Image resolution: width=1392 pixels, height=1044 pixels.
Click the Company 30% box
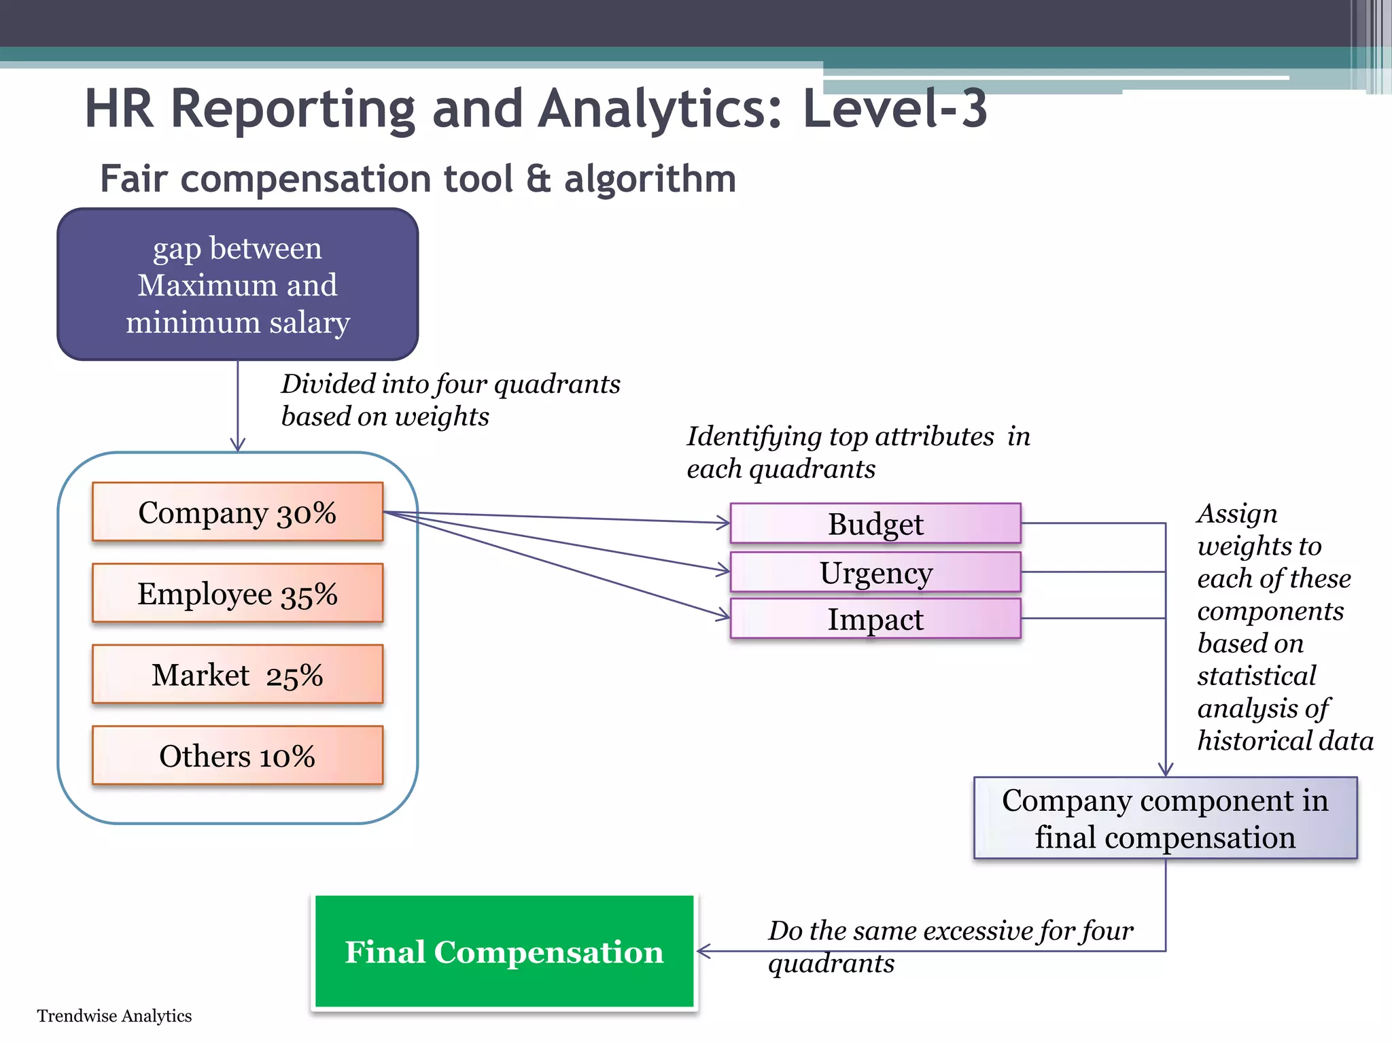(x=237, y=512)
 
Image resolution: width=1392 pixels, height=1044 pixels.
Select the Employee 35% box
(x=237, y=593)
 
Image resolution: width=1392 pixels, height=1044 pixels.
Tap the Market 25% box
(x=237, y=674)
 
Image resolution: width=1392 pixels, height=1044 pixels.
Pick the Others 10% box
(x=237, y=755)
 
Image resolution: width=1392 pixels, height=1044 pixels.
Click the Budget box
(x=875, y=523)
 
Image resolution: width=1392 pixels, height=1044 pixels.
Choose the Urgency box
(x=875, y=572)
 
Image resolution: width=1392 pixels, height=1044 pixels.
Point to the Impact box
(x=875, y=619)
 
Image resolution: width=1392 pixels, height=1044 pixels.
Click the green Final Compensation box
(x=504, y=951)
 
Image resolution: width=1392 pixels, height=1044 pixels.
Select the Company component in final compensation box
(x=1165, y=818)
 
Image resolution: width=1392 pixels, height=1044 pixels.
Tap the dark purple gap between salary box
(x=237, y=284)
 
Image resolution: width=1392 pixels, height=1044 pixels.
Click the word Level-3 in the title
(x=894, y=109)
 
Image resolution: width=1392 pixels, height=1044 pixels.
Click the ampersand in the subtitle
(x=538, y=179)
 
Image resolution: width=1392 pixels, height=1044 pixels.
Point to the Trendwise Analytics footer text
(x=114, y=1015)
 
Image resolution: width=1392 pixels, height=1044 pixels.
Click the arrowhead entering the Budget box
(x=725, y=523)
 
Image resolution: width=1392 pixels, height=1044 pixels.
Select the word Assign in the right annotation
(x=1237, y=514)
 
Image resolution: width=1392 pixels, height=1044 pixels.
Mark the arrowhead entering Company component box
(x=1166, y=770)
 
